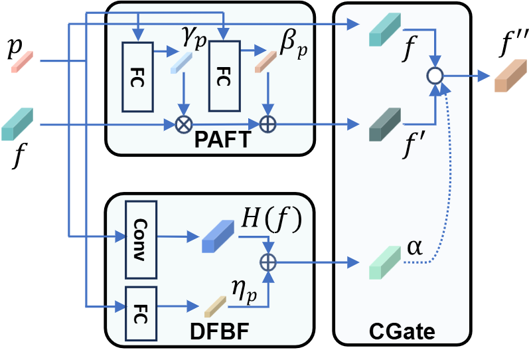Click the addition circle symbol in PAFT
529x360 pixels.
tap(267, 124)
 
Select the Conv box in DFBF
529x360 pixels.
tap(140, 236)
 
